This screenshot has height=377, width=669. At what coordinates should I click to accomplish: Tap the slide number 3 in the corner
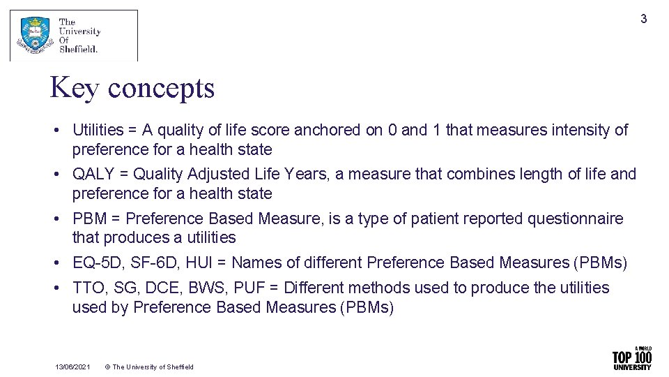644,19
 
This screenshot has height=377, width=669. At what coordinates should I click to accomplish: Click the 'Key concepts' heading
132,88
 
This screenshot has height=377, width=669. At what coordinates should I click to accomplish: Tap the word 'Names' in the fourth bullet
254,263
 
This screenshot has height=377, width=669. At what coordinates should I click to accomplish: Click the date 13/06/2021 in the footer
72,367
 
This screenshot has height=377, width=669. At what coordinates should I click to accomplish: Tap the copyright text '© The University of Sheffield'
149,367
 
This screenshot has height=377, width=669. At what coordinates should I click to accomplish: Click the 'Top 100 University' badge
631,358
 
